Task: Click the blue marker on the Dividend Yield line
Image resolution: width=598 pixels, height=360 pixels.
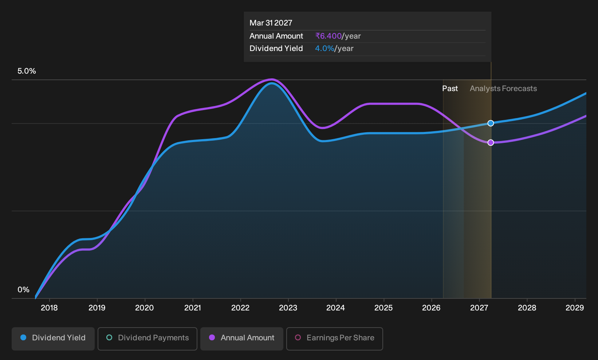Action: click(491, 123)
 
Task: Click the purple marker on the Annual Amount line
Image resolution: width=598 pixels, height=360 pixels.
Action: click(491, 142)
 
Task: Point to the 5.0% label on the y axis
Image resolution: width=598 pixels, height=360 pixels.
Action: click(27, 71)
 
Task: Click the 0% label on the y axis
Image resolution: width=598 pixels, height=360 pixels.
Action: click(24, 290)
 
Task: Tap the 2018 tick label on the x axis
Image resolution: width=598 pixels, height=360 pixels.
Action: click(49, 308)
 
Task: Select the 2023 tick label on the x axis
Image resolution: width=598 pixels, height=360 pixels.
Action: click(288, 308)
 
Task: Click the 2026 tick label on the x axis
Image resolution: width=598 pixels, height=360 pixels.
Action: click(432, 308)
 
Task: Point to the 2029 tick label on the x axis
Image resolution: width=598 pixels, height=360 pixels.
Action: click(575, 308)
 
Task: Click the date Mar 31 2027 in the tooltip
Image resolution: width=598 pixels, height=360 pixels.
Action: click(271, 23)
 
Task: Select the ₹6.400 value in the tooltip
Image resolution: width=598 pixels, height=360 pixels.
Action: click(328, 36)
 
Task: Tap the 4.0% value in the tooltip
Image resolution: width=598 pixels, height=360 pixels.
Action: click(324, 48)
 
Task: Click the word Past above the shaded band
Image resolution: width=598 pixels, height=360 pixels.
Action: click(450, 89)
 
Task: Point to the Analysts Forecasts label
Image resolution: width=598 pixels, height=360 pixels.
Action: click(503, 89)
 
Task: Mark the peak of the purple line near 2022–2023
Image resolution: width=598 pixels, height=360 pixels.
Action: click(272, 79)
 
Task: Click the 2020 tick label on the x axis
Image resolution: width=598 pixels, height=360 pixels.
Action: click(145, 308)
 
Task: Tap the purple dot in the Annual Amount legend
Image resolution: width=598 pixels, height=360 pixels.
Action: click(212, 337)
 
